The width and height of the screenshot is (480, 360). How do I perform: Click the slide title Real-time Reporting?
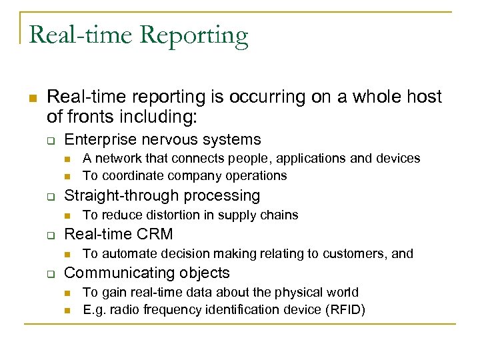pyautogui.click(x=139, y=35)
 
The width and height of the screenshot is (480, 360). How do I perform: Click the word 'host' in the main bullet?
pyautogui.click(x=424, y=97)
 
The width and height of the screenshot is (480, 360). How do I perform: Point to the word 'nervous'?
pyautogui.click(x=175, y=139)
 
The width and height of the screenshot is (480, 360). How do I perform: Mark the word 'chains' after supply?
pyautogui.click(x=280, y=215)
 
